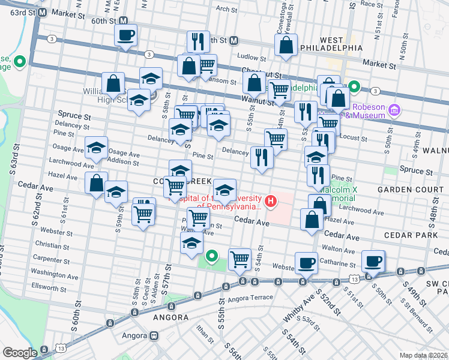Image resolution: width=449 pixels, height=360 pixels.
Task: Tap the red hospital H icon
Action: click(271, 200)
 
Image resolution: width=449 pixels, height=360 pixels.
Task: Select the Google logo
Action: click(20, 353)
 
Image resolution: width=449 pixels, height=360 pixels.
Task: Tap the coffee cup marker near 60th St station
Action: click(125, 35)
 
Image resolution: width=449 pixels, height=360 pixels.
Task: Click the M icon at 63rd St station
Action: click(42, 12)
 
